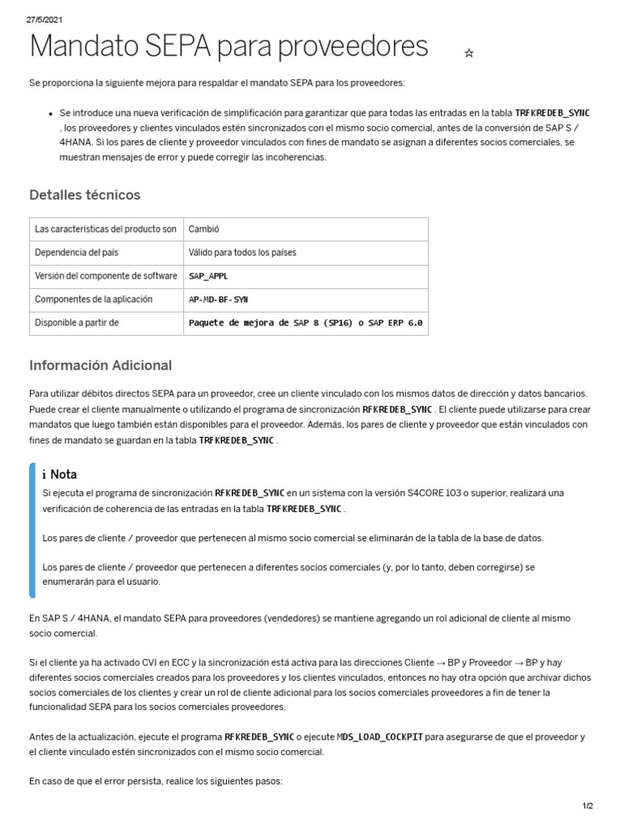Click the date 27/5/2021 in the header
tap(44, 19)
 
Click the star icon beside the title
tap(469, 53)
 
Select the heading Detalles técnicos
tap(85, 195)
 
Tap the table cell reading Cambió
tap(204, 229)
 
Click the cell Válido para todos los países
tap(242, 253)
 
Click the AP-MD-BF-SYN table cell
tap(218, 300)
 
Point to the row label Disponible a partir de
tap(77, 323)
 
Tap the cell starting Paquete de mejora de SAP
tap(305, 323)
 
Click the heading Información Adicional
tap(100, 365)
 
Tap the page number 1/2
tap(587, 806)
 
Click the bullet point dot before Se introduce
tap(50, 114)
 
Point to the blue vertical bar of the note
tap(32, 530)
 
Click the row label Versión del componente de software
tap(106, 276)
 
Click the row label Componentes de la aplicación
tap(94, 300)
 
